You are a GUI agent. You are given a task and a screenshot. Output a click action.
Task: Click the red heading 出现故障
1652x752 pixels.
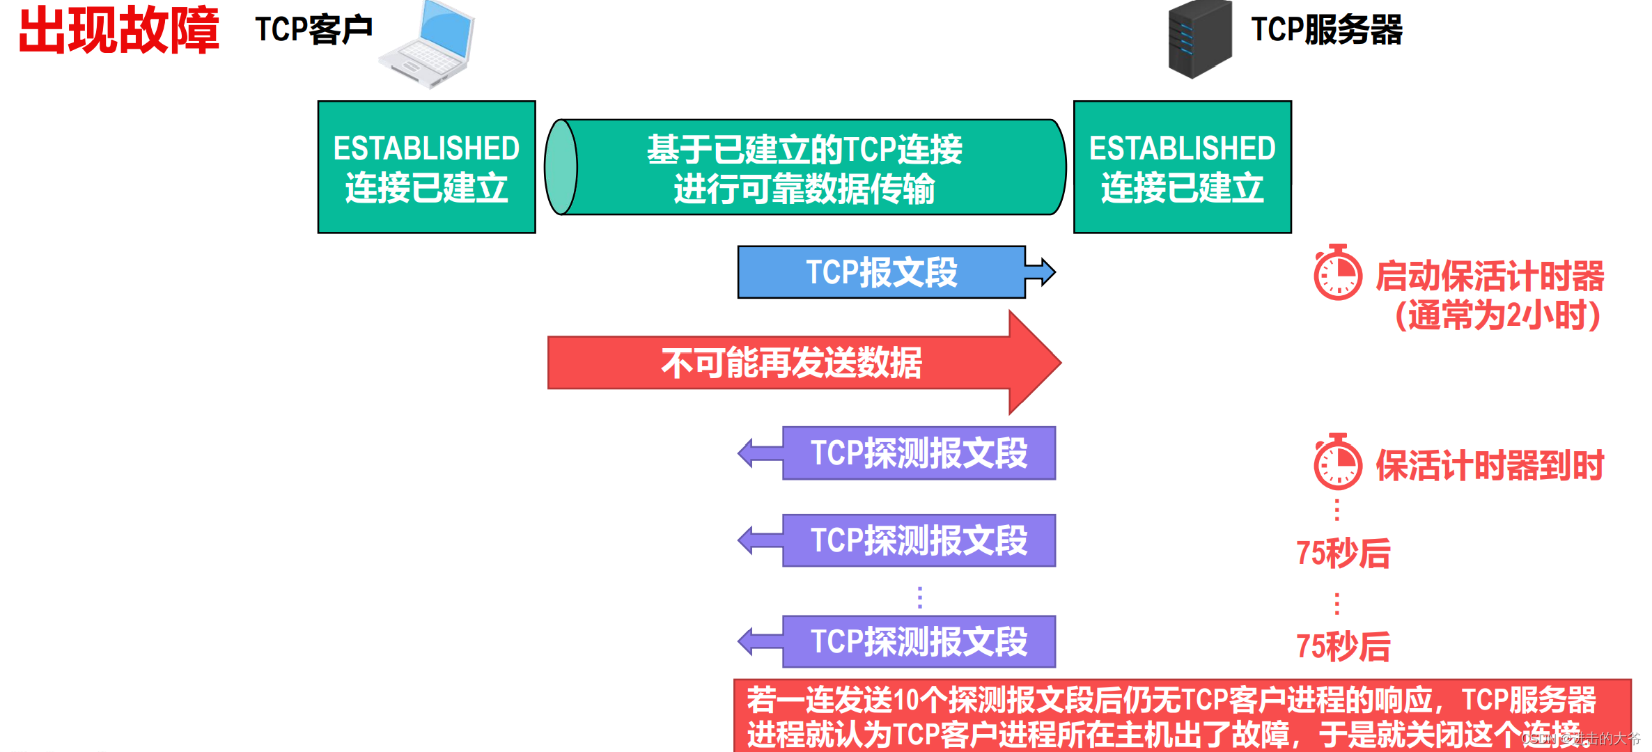coord(118,31)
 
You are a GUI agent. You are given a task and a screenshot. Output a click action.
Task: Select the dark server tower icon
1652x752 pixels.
coord(1199,39)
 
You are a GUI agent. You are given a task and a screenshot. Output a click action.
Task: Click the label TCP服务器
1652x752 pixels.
coord(1327,30)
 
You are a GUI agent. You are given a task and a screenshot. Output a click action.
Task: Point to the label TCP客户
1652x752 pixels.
coord(313,30)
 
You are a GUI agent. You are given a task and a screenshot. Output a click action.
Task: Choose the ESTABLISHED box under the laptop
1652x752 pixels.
coord(426,167)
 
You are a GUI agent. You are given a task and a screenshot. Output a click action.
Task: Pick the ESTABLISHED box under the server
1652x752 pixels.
coord(1182,167)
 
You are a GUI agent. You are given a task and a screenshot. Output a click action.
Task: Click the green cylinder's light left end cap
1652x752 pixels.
coord(561,167)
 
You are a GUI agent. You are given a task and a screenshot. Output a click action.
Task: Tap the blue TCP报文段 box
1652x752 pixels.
coord(881,272)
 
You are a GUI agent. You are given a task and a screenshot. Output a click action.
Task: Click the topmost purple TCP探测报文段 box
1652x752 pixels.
coord(919,453)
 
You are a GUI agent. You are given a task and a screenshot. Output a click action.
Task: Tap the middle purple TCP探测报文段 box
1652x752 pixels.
coord(919,540)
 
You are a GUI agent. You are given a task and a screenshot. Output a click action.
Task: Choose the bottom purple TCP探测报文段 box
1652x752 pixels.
coord(919,641)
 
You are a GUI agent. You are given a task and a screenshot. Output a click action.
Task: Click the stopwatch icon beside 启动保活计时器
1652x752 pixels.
coord(1337,273)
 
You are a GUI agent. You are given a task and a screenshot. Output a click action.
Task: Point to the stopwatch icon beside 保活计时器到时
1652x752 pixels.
coord(1337,462)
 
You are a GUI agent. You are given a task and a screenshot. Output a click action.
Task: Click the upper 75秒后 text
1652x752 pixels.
coord(1343,554)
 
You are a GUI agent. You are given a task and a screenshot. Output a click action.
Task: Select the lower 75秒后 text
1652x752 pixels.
coord(1343,646)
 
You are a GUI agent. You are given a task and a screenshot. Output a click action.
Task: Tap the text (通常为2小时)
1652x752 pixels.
coord(1497,315)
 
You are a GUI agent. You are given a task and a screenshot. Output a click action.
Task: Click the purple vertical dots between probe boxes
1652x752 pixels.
coord(920,597)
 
